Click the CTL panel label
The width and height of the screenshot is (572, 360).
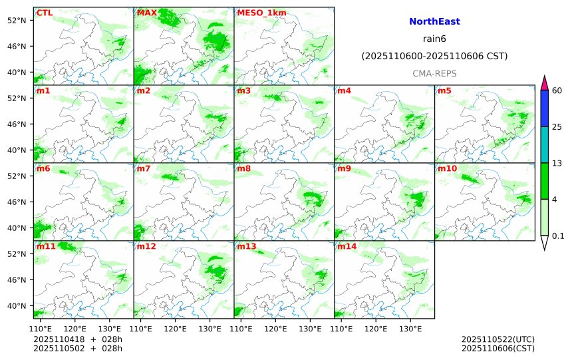point(45,13)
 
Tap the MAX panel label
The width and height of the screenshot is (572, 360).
point(147,13)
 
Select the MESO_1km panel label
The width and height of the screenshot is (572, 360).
point(257,13)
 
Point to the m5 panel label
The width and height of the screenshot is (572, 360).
point(444,90)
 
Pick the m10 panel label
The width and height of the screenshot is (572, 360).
point(447,168)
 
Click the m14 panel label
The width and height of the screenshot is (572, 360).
point(347,246)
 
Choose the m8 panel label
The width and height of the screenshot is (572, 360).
point(244,168)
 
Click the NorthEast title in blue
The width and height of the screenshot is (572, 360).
point(434,22)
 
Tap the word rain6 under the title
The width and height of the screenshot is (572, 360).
point(434,39)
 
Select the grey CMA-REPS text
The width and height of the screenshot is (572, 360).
point(434,73)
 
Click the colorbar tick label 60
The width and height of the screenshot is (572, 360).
point(557,90)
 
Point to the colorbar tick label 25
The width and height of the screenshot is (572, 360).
point(557,127)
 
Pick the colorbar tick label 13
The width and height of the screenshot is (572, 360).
point(557,163)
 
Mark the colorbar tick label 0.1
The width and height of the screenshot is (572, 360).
point(558,236)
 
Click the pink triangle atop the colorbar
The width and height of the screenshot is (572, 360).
point(545,83)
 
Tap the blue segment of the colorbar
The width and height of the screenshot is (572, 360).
point(545,108)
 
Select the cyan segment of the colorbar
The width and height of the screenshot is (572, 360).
point(545,145)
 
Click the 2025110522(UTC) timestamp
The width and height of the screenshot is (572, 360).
point(498,339)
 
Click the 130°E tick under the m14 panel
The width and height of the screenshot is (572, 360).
point(410,328)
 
